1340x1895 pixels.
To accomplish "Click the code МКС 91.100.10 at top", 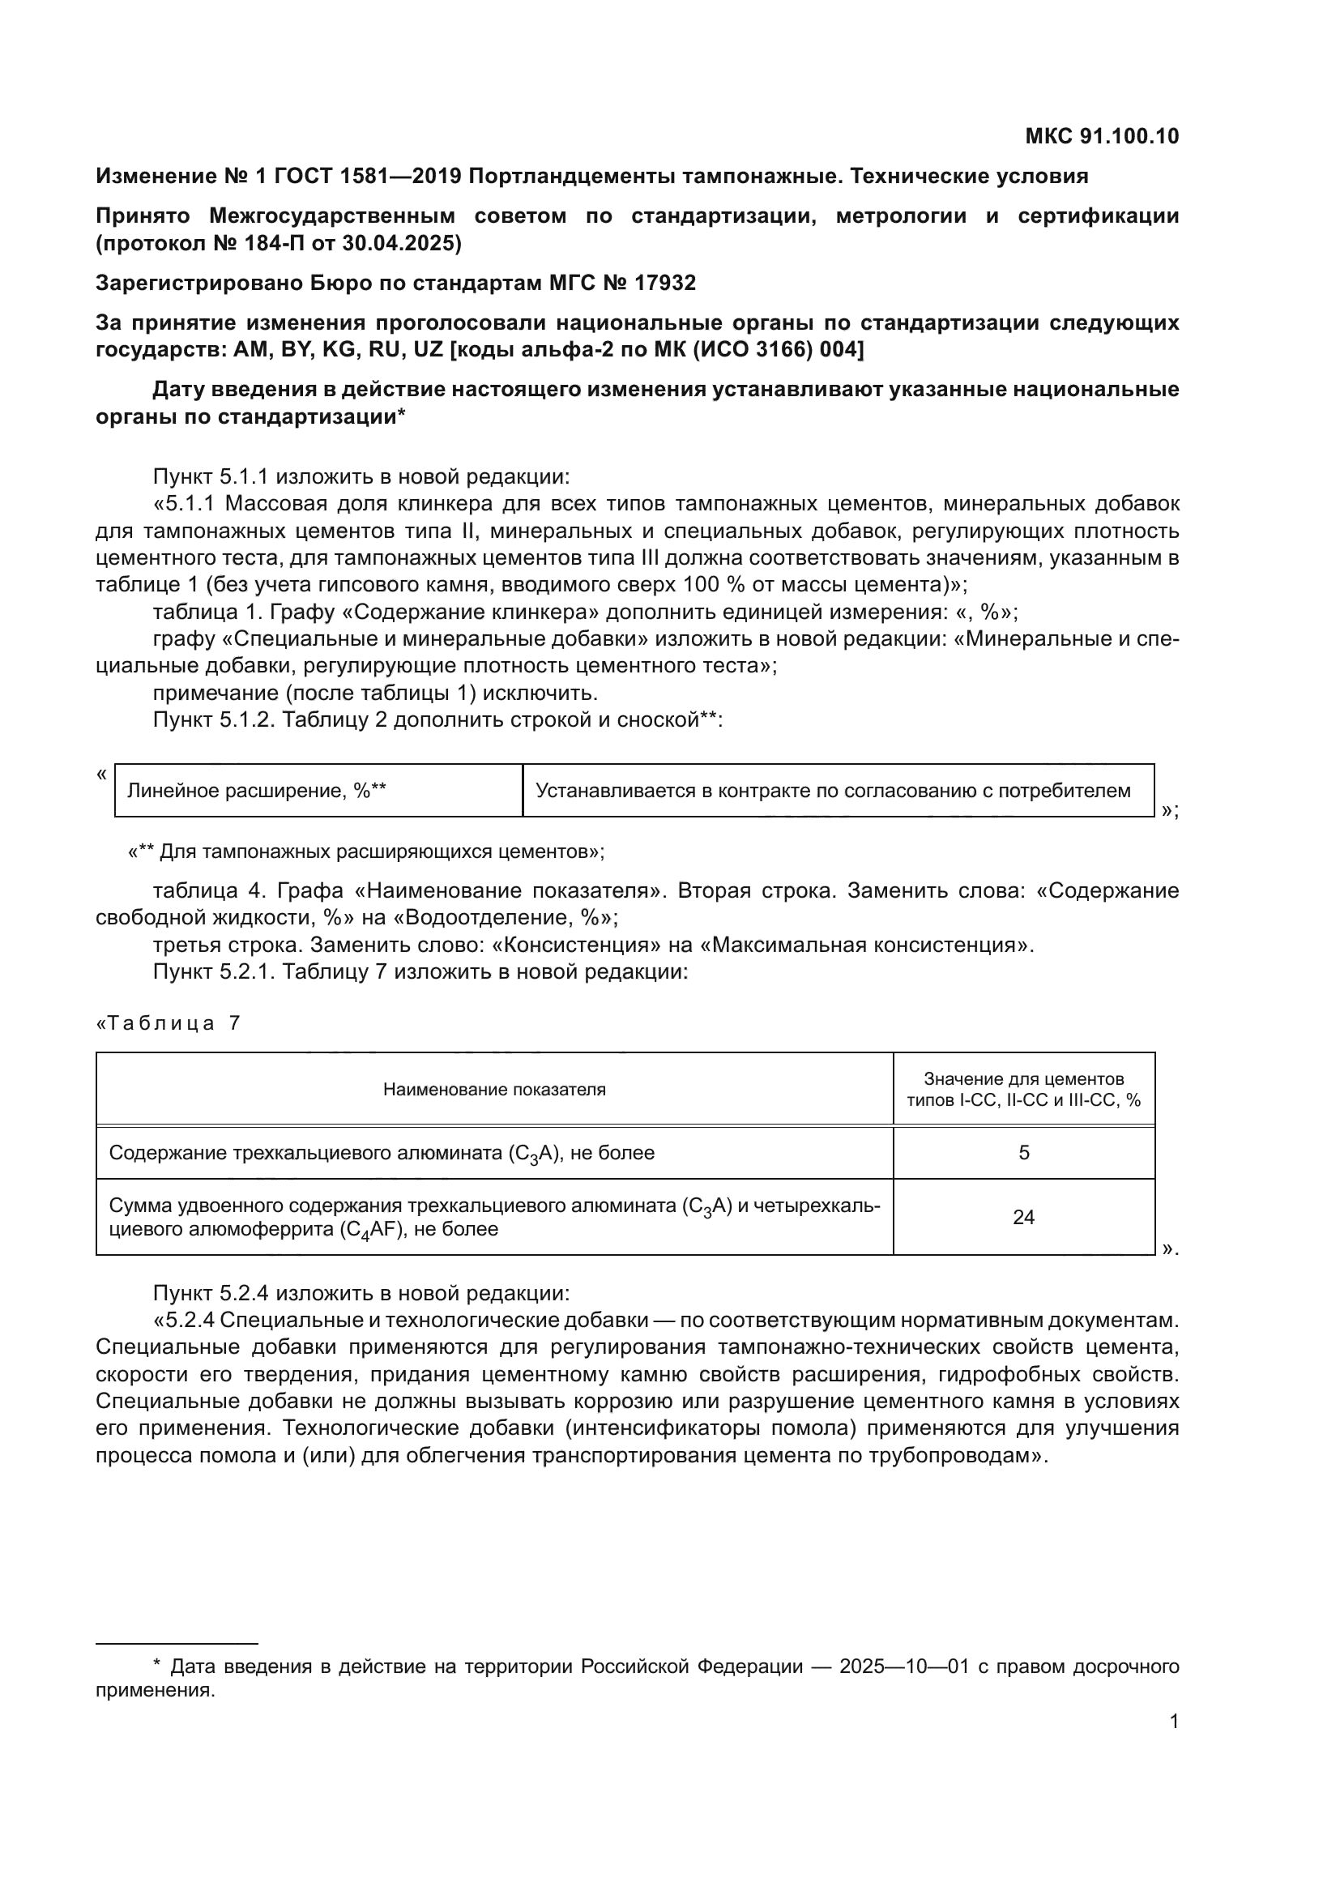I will (x=1102, y=136).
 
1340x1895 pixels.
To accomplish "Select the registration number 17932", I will (x=665, y=283).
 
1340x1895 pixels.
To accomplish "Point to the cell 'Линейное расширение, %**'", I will (x=257, y=791).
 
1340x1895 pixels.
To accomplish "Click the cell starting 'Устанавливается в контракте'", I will (x=834, y=791).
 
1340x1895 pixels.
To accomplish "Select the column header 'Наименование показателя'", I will (x=494, y=1090).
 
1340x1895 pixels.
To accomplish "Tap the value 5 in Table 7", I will (x=1023, y=1153).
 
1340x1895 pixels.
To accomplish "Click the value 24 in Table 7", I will (x=1023, y=1218).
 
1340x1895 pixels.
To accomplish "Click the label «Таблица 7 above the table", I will (x=169, y=1023).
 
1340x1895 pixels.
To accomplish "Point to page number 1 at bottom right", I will (x=1173, y=1722).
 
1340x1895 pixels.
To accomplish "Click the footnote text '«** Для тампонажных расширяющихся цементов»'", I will (x=365, y=851).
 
